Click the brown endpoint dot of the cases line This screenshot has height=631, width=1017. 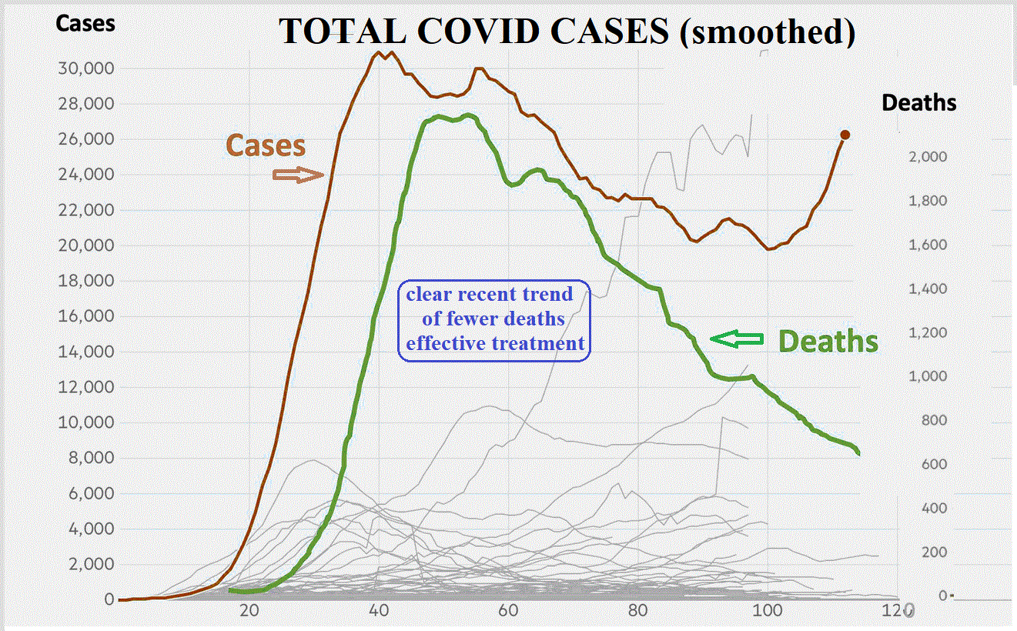[845, 135]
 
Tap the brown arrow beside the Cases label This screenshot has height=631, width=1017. [299, 175]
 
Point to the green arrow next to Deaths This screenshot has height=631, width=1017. [736, 339]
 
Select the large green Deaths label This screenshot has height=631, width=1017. [828, 340]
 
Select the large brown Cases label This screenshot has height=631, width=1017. [266, 145]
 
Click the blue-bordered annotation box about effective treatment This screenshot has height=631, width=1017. [494, 319]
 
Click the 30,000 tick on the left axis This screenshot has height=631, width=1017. [87, 68]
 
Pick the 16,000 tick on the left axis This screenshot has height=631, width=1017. [87, 316]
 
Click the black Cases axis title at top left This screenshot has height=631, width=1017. [85, 23]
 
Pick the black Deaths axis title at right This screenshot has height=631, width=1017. [919, 102]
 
